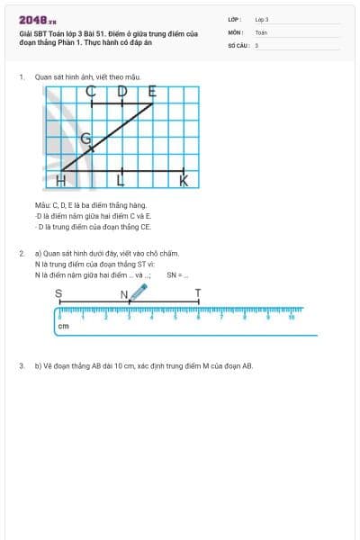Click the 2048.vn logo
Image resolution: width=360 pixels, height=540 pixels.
click(37, 20)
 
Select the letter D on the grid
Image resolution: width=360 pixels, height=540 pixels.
click(122, 91)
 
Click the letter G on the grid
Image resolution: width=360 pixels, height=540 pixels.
click(86, 139)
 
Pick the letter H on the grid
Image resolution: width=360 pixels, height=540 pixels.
click(61, 182)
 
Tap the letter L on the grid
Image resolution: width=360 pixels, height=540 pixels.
click(121, 182)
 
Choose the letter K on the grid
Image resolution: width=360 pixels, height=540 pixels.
click(184, 182)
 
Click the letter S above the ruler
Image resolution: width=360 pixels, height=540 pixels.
click(58, 292)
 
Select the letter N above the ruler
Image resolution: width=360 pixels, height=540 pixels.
click(124, 292)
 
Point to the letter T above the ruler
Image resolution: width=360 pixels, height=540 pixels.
click(198, 292)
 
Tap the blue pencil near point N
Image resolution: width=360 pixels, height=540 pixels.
click(139, 291)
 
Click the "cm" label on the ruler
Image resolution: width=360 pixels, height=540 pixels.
click(63, 326)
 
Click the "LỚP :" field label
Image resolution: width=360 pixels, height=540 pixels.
click(235, 19)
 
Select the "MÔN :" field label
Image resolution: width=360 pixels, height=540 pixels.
click(235, 31)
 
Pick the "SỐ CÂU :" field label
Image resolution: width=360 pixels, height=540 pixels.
click(238, 44)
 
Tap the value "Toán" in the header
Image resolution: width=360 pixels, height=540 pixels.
click(261, 31)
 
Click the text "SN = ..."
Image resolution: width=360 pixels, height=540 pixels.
click(177, 275)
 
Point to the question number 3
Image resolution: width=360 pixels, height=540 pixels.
click(21, 366)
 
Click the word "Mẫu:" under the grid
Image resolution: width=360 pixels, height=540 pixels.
click(42, 206)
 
